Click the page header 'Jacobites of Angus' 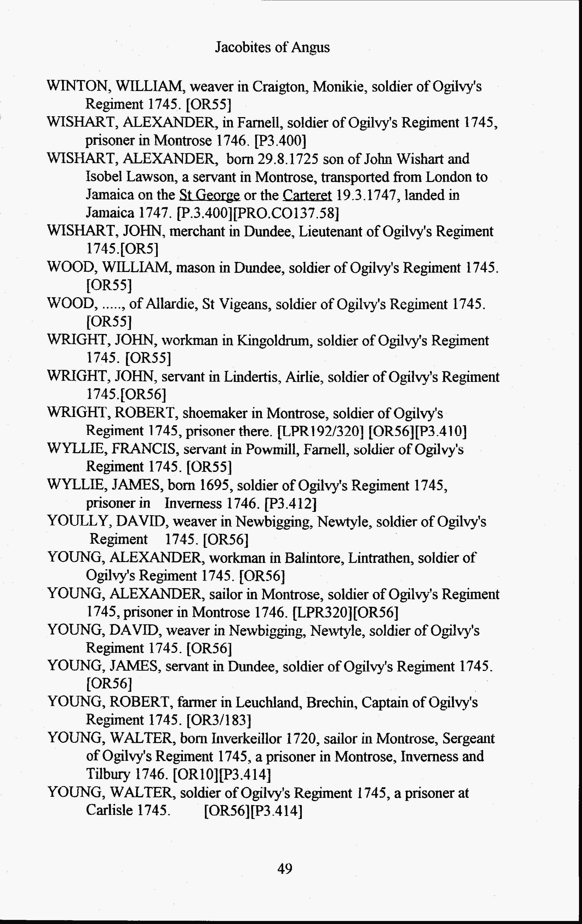pyautogui.click(x=272, y=47)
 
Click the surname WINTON pyautogui.click(x=79, y=86)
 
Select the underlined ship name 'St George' pyautogui.click(x=209, y=195)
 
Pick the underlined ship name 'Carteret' pyautogui.click(x=307, y=195)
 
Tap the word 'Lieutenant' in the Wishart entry pyautogui.click(x=337, y=231)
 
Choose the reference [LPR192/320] pyautogui.click(x=320, y=431)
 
